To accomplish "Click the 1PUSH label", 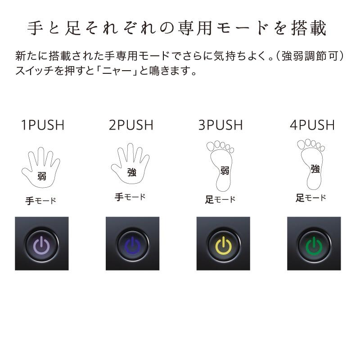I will [x=43, y=125].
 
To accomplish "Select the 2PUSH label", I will [x=131, y=125].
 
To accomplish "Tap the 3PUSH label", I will [x=220, y=125].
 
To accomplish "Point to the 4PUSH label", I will [x=312, y=125].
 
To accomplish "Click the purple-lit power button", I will [x=42, y=243].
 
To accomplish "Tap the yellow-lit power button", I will [x=223, y=243].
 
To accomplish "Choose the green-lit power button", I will [x=314, y=243].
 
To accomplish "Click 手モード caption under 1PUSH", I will [x=41, y=201].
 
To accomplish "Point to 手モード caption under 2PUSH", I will [x=130, y=197].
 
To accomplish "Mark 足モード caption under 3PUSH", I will [x=220, y=199].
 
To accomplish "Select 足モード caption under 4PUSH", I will [x=311, y=198].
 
